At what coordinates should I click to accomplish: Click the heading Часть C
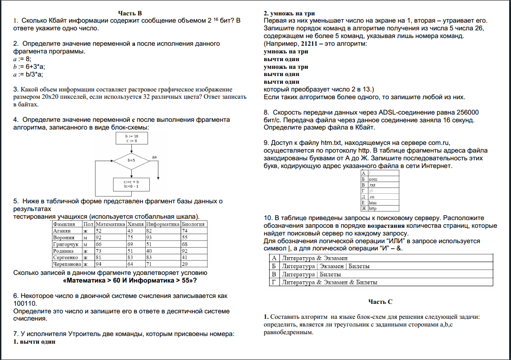380,301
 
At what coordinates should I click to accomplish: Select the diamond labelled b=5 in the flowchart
131,160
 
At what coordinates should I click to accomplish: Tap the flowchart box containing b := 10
131,138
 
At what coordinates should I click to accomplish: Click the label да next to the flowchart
155,157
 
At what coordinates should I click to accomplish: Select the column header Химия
135,224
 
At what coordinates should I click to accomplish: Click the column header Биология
193,224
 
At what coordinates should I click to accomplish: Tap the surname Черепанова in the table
67,264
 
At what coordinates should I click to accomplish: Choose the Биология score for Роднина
184,250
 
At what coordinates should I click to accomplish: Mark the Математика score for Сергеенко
99,257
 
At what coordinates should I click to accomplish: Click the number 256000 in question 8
466,112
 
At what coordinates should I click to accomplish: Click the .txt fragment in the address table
373,185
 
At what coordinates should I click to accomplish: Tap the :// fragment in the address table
371,191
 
